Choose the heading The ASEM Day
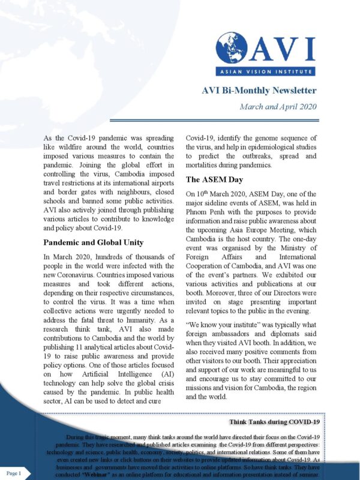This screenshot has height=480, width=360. [215, 179]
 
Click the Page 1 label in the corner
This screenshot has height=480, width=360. [14, 473]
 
